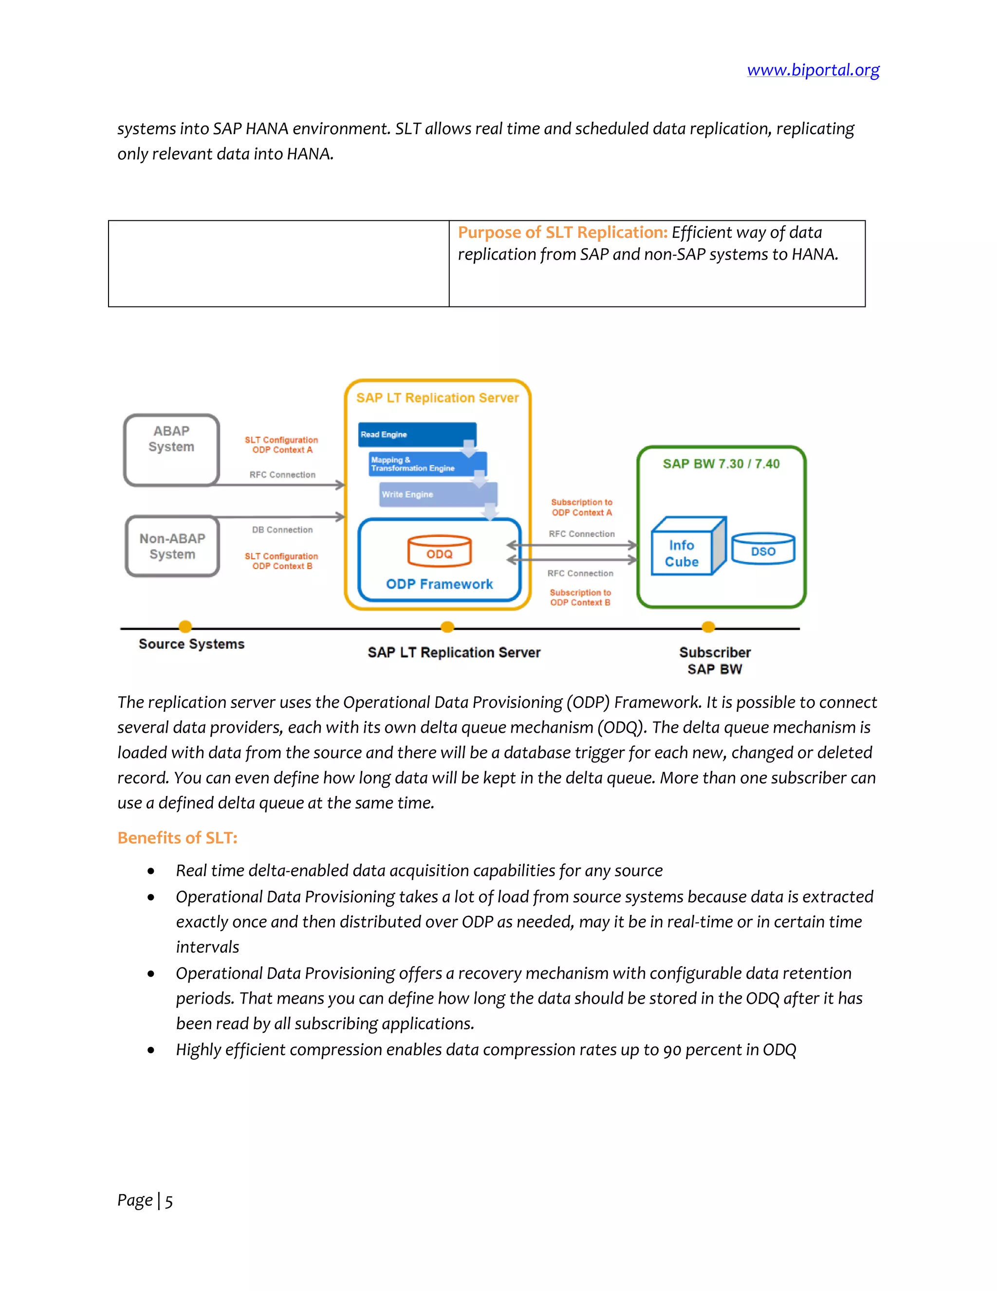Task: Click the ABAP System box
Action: coord(171,450)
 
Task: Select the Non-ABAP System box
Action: coord(172,546)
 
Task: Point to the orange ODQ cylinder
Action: coord(440,551)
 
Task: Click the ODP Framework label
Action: coord(440,584)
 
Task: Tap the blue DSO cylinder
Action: coord(763,550)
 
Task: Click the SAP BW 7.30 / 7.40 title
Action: coord(721,464)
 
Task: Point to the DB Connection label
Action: coord(282,530)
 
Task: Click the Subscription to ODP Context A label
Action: coord(582,507)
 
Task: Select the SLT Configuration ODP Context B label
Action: coord(282,561)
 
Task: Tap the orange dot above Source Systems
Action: coord(185,627)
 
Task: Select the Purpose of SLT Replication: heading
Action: coord(562,232)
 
